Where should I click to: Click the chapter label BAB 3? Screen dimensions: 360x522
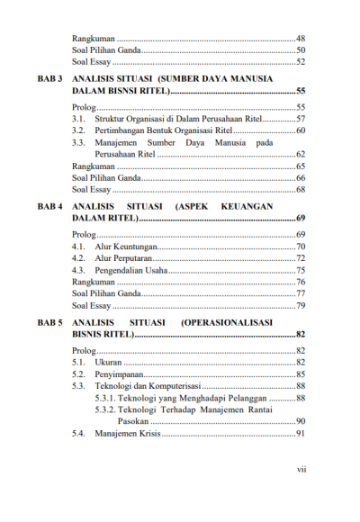(x=49, y=79)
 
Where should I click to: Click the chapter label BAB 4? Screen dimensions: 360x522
(x=49, y=206)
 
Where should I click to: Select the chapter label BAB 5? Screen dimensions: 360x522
(x=49, y=320)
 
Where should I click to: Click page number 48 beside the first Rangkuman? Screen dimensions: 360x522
(x=301, y=40)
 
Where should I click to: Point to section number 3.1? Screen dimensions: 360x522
(x=79, y=119)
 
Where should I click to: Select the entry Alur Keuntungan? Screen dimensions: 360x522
(x=127, y=247)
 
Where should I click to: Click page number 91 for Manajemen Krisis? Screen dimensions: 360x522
(x=301, y=434)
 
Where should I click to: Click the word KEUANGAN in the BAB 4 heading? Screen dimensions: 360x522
(x=269, y=206)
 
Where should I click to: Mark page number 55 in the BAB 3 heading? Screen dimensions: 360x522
(x=301, y=92)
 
